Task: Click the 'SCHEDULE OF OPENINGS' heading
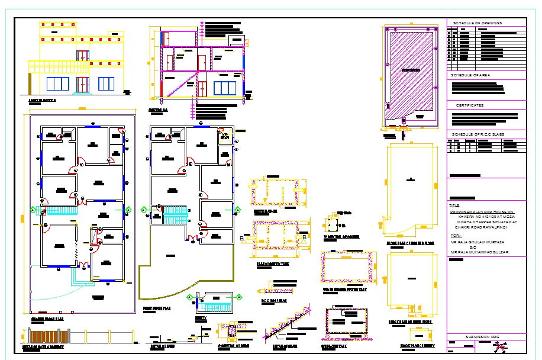477,23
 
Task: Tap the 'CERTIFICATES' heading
469,105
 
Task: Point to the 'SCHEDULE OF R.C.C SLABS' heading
477,134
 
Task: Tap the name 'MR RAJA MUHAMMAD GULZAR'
480,253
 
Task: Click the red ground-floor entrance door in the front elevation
82,84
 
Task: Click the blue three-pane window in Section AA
224,88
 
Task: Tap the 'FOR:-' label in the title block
456,235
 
